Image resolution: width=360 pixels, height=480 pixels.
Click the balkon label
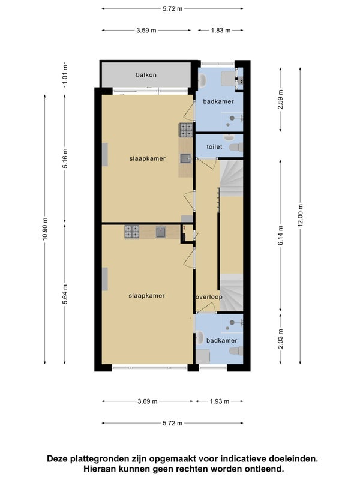click(146, 75)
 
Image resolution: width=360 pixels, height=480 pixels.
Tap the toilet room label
click(214, 147)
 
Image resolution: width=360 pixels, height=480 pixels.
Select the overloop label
click(209, 297)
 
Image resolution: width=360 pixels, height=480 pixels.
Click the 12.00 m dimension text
click(301, 215)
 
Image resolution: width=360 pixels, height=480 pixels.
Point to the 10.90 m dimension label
click(45, 229)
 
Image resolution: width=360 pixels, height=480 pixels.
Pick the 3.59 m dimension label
click(146, 31)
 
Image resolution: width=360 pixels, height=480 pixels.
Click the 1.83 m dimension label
click(220, 31)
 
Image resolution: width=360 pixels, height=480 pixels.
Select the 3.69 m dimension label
click(147, 401)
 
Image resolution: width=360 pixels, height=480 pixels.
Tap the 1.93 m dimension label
click(220, 401)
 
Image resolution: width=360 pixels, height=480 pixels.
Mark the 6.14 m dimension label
click(280, 235)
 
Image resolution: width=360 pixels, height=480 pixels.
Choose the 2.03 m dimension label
click(280, 338)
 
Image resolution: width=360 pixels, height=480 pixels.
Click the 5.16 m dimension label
click(65, 158)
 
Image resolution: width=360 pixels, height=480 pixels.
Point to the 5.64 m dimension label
click(65, 294)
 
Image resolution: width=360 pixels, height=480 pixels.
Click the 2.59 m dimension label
click(280, 100)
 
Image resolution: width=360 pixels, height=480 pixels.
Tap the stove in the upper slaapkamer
click(186, 130)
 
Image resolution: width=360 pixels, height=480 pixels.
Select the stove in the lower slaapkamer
click(132, 232)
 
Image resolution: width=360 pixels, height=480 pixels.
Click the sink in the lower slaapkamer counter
click(161, 232)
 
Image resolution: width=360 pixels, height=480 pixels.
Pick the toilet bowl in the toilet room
click(236, 147)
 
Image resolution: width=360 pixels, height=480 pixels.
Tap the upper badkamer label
click(218, 101)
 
